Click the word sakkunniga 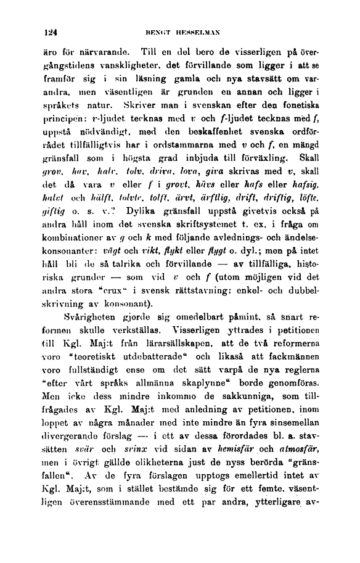point(247,455)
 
